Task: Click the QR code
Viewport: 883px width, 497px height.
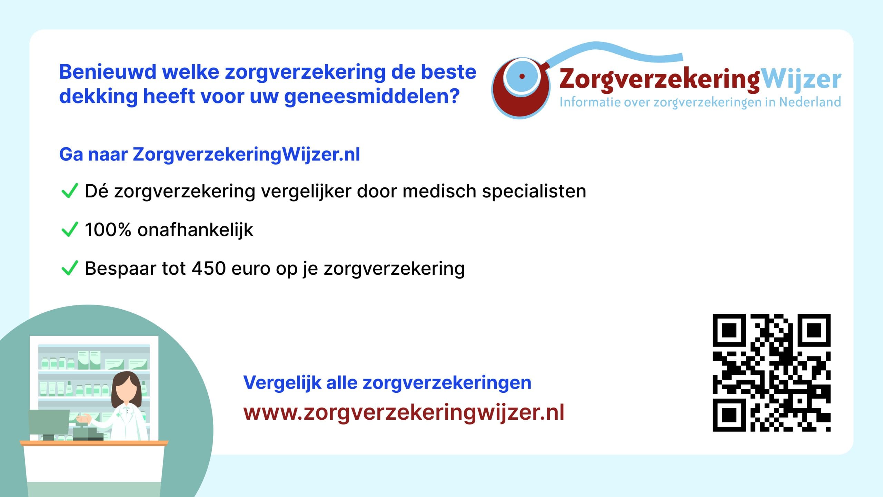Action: [772, 373]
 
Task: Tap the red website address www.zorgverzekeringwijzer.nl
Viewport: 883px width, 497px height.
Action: [404, 412]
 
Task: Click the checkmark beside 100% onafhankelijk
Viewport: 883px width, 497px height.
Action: [69, 230]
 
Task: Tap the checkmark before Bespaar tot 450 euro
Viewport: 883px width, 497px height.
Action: [69, 268]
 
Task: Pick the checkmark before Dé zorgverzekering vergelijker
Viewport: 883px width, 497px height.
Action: [69, 191]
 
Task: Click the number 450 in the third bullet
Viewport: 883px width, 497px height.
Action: [209, 268]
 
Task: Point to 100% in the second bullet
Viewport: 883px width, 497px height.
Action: [108, 230]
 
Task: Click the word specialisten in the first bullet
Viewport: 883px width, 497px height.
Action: [534, 192]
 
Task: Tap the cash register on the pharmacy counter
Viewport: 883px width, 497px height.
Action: [88, 433]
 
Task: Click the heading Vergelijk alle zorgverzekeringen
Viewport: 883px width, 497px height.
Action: [387, 383]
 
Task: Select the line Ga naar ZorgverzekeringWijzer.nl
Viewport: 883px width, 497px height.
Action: [210, 155]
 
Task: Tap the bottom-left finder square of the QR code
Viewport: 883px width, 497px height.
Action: [729, 415]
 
